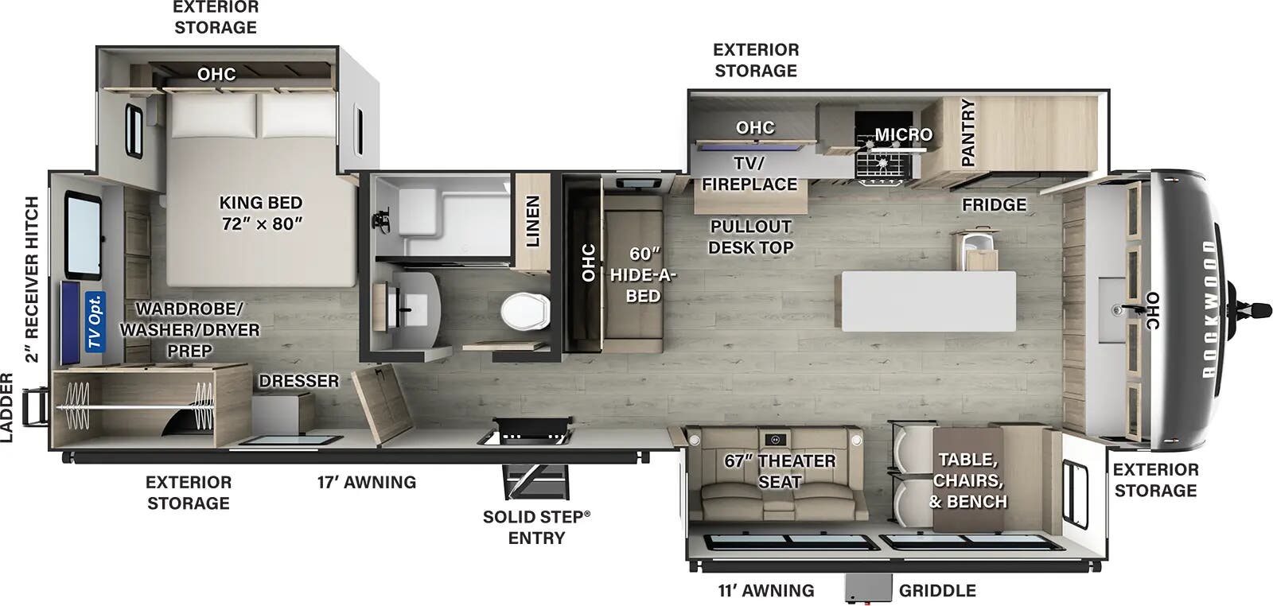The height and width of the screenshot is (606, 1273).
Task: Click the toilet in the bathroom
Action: pyautogui.click(x=526, y=310)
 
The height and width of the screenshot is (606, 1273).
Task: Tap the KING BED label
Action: pyautogui.click(x=261, y=213)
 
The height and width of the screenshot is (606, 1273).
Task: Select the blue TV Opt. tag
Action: pyautogui.click(x=95, y=321)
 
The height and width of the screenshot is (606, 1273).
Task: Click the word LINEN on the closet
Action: pyautogui.click(x=532, y=221)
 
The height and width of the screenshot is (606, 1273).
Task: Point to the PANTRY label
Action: pyautogui.click(x=968, y=133)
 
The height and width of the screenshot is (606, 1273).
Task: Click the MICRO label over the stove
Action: pyautogui.click(x=904, y=134)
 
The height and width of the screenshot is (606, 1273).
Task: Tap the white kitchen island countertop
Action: pyautogui.click(x=928, y=301)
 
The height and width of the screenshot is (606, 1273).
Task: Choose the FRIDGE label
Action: pyautogui.click(x=994, y=204)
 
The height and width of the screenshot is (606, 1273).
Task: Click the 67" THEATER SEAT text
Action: pyautogui.click(x=780, y=471)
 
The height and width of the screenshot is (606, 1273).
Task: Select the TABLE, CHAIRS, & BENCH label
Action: pyautogui.click(x=968, y=480)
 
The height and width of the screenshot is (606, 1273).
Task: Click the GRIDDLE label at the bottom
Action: pyautogui.click(x=937, y=590)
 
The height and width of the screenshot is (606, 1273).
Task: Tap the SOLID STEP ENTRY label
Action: pyautogui.click(x=536, y=526)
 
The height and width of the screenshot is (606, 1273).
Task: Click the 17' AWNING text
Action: pyautogui.click(x=366, y=482)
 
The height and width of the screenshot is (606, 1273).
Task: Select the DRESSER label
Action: pyautogui.click(x=299, y=381)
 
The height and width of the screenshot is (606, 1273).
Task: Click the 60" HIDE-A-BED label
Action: pyautogui.click(x=643, y=274)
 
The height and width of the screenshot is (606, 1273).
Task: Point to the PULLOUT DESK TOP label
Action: pyautogui.click(x=750, y=236)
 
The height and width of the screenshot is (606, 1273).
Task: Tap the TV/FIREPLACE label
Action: pyautogui.click(x=749, y=173)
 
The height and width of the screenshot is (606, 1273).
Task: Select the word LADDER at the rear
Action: pyautogui.click(x=7, y=407)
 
